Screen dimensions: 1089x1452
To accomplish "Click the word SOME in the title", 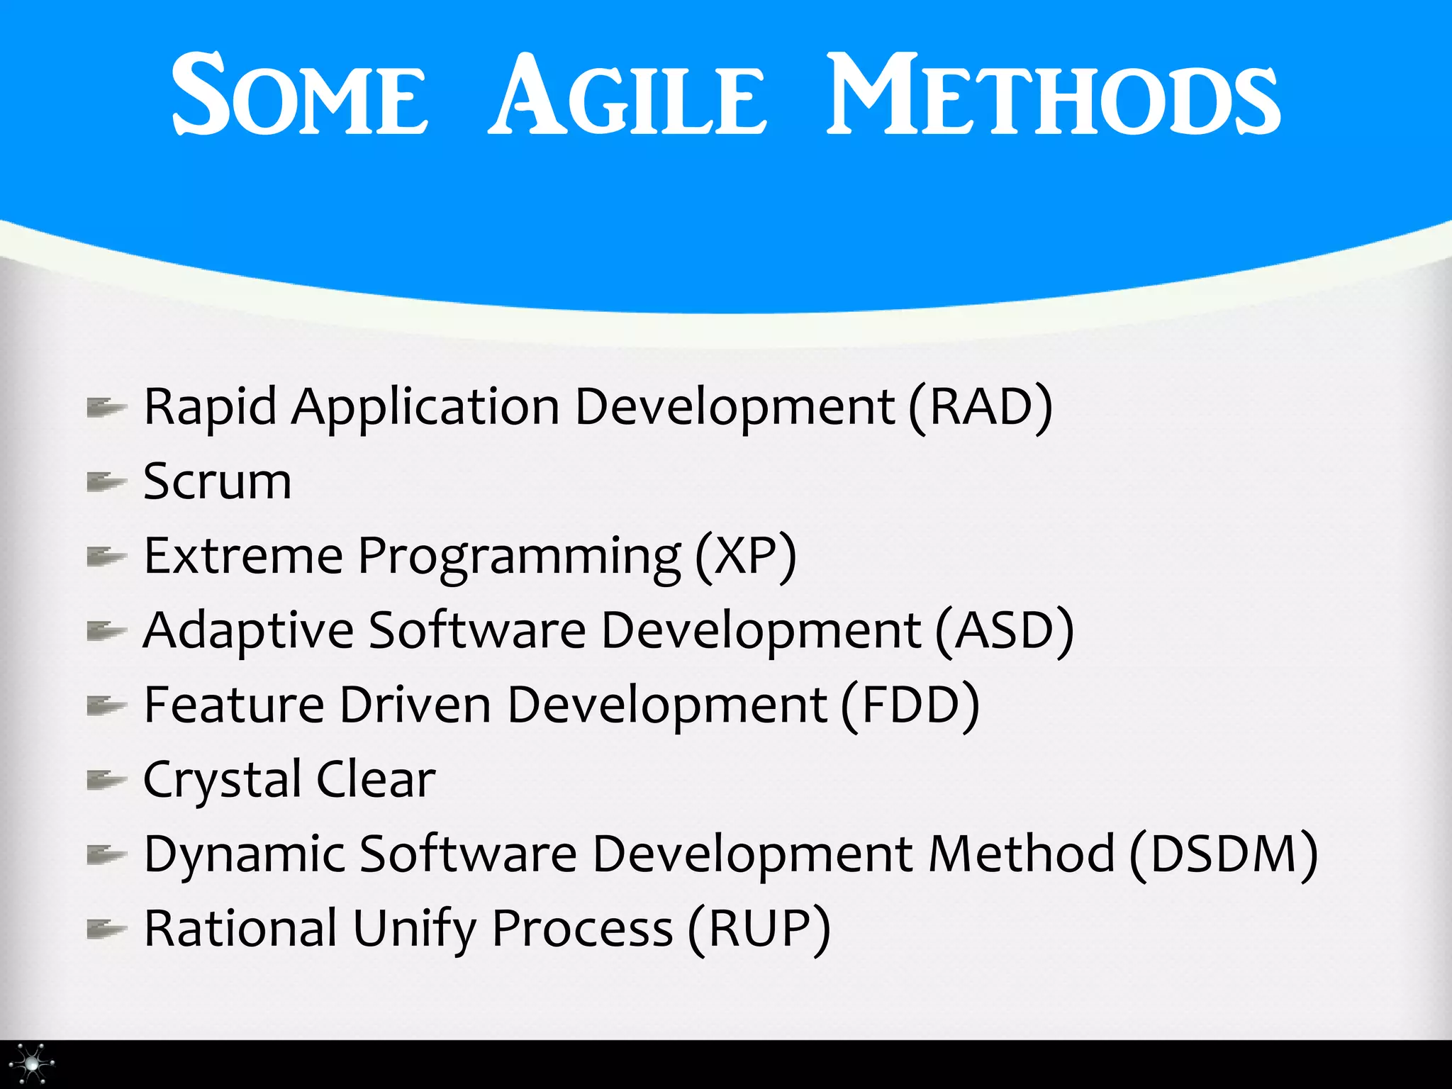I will (x=299, y=96).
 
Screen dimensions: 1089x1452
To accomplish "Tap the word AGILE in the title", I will (x=627, y=96).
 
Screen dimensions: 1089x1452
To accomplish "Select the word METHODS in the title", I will (x=1054, y=96).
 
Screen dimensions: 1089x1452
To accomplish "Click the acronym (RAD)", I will (x=981, y=408).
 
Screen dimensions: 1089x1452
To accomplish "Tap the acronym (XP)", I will (x=746, y=557).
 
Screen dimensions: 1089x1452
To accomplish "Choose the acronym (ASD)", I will (x=1004, y=631).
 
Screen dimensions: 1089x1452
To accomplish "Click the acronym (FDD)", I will (x=911, y=705).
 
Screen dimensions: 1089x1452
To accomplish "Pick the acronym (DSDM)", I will (x=1223, y=854).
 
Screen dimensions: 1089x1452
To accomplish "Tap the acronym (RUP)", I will (x=759, y=929).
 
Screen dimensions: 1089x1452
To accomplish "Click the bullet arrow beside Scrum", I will (x=106, y=482).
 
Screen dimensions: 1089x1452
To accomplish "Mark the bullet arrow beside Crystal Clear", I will (x=106, y=780).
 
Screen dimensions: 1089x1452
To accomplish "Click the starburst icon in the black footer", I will (x=33, y=1063).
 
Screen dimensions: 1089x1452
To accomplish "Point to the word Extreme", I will (x=243, y=557).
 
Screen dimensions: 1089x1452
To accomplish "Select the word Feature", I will (x=234, y=705).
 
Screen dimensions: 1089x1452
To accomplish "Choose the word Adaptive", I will (x=248, y=631).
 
